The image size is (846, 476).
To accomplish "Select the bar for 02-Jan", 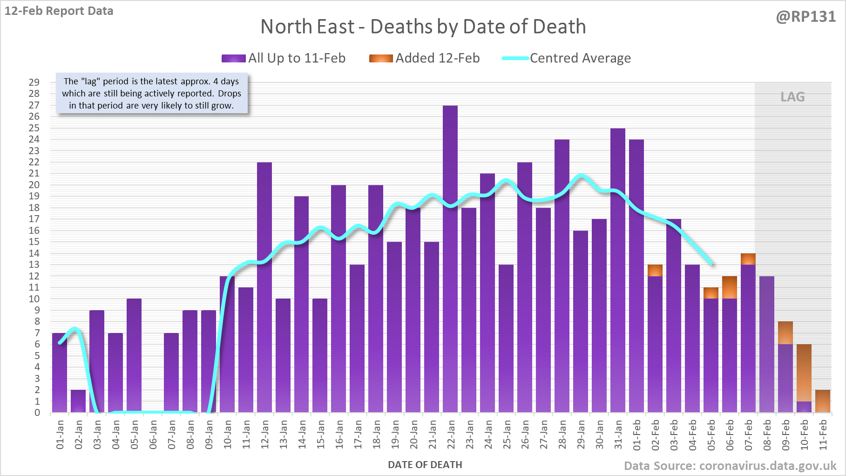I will click(x=78, y=401).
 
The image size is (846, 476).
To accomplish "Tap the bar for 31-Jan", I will click(x=618, y=270).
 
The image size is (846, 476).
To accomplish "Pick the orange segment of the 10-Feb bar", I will click(x=804, y=373).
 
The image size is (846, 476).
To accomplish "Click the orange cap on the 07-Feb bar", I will click(x=748, y=259).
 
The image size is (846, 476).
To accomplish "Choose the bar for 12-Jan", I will click(x=264, y=287).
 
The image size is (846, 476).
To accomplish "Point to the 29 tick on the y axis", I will click(x=34, y=82).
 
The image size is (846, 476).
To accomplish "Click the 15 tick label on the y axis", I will click(x=34, y=242).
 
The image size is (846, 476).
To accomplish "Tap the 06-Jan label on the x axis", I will click(x=153, y=435).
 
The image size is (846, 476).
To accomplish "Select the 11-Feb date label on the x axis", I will click(x=823, y=435).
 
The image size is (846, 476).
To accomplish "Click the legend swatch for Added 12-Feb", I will click(x=381, y=58).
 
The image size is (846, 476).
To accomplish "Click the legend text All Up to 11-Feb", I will click(x=297, y=58).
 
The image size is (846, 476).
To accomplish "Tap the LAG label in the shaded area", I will click(x=792, y=97).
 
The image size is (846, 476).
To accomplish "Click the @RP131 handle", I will click(x=806, y=17).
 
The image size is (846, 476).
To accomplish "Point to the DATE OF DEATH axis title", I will click(x=425, y=465).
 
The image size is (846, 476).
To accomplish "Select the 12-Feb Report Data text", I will click(x=59, y=11).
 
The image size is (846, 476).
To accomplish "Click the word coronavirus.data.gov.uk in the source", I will click(x=768, y=466).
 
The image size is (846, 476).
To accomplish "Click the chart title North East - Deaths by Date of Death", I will click(x=423, y=27).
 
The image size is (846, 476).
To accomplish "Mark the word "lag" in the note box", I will click(x=91, y=82).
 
